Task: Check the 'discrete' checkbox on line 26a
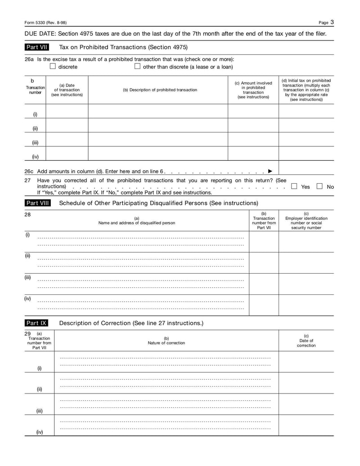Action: [53, 66]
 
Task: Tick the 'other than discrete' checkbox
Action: [137, 66]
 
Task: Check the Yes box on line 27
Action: [294, 186]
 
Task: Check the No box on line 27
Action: [319, 186]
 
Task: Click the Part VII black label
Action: [37, 47]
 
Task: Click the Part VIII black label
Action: [38, 203]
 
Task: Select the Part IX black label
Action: [36, 323]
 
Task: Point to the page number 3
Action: [332, 22]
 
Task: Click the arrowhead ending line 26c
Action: [270, 171]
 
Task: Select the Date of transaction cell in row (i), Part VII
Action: [67, 111]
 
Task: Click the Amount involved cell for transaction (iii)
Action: [253, 139]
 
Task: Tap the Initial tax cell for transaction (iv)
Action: [306, 154]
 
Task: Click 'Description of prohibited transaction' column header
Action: [160, 90]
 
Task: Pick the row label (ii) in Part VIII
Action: [27, 256]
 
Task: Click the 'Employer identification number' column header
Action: [306, 221]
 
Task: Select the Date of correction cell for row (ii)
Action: [306, 383]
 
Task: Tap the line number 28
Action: [27, 214]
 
